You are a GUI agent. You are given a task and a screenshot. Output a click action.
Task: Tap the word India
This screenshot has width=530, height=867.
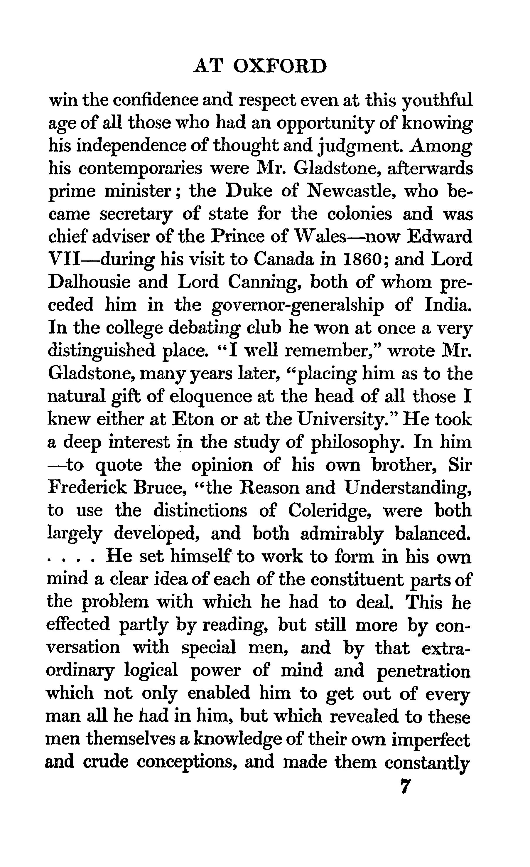tap(447, 305)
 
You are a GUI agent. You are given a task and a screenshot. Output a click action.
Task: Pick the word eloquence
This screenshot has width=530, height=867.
tap(211, 397)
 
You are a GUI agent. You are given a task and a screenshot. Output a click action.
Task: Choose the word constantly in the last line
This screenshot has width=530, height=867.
tap(427, 762)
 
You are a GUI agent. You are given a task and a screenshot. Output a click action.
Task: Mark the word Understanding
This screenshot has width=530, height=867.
tap(408, 488)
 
